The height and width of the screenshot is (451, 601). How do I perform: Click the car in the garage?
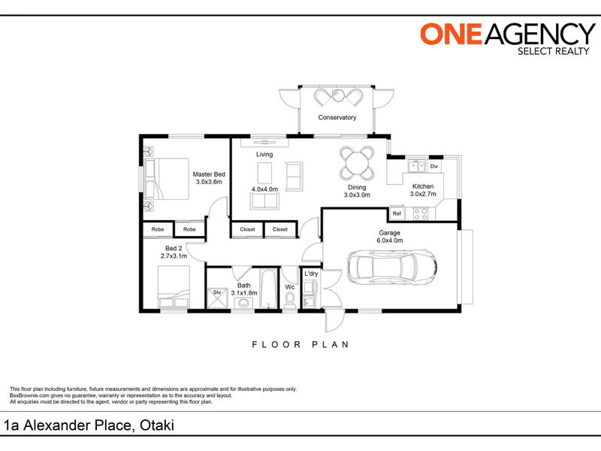391,267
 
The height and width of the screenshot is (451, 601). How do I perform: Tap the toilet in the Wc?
290,300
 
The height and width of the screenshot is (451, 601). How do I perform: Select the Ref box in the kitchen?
397,213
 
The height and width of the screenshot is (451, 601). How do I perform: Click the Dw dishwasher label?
434,166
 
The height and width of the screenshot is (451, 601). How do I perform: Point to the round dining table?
357,162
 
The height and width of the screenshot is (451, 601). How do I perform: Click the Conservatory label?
337,117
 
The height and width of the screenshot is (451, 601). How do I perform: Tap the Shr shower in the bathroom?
217,298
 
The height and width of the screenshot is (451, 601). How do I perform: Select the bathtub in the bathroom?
268,288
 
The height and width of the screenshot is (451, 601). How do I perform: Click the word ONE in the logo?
452,34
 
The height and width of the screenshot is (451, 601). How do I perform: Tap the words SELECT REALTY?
554,51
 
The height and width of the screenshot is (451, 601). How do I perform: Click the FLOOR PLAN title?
300,344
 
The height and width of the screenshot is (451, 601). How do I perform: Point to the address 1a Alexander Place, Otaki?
89,425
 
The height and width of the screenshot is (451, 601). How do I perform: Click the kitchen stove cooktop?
421,213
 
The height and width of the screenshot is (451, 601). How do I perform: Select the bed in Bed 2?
174,286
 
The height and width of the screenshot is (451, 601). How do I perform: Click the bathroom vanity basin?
243,304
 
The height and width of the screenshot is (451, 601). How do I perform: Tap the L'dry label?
311,274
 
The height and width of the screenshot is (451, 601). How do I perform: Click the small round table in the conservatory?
337,95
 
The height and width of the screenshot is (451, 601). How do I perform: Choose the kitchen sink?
416,166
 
